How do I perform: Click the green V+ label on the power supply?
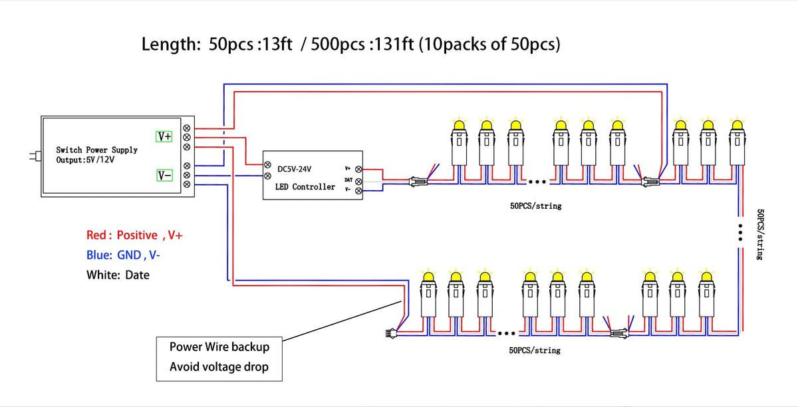click(164, 136)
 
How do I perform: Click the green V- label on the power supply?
click(164, 176)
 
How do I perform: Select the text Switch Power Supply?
click(96, 150)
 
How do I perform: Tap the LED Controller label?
click(305, 187)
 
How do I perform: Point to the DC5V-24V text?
click(294, 170)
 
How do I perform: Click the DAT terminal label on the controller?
click(348, 180)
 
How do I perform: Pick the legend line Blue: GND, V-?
click(123, 255)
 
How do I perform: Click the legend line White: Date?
click(118, 275)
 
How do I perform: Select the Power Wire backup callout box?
click(219, 357)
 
